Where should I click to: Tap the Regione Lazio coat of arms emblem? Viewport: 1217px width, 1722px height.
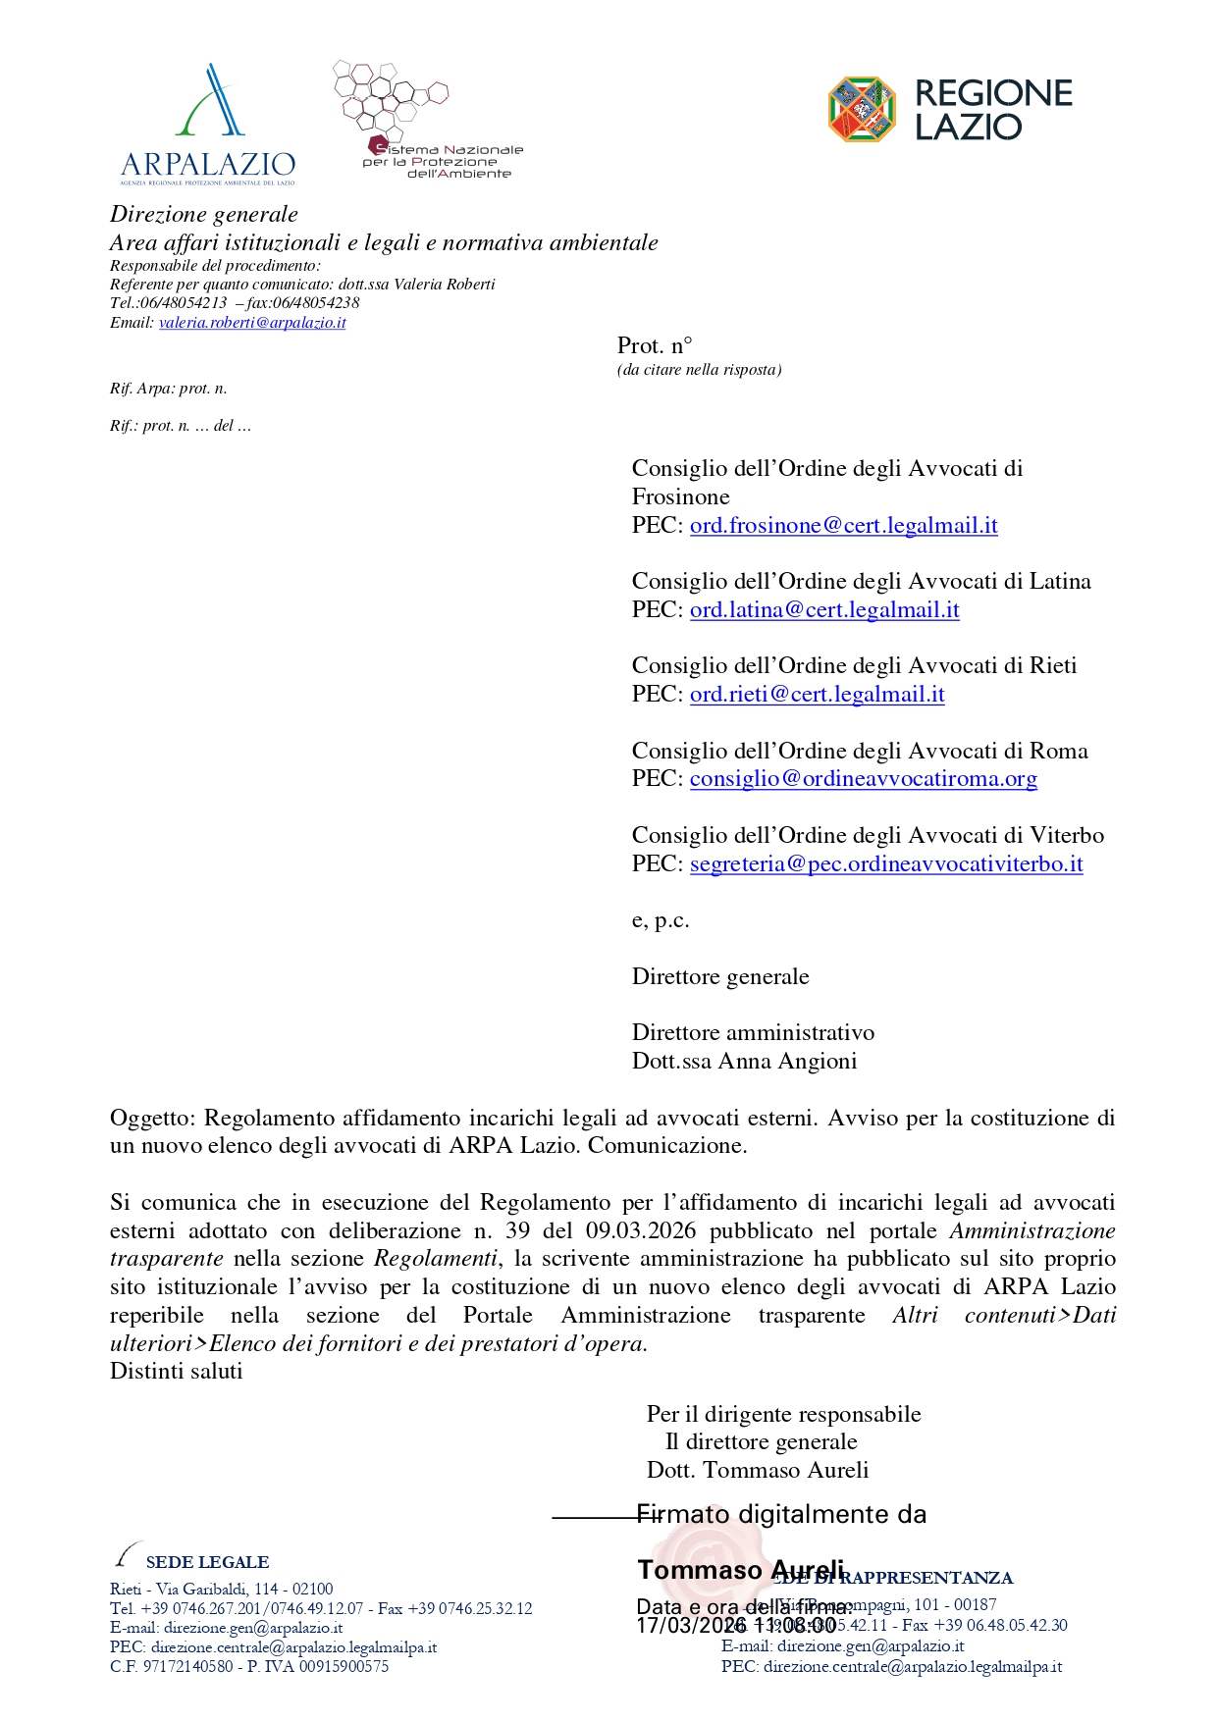(x=862, y=110)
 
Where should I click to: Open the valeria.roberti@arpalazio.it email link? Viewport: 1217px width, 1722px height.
(x=252, y=323)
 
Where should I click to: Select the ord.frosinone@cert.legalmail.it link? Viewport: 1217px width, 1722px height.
(x=843, y=526)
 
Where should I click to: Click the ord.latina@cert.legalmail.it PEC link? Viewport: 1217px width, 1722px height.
(x=824, y=610)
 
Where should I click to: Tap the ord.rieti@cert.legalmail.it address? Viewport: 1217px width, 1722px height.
(x=817, y=695)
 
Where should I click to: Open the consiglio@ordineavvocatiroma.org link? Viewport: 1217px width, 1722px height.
(x=863, y=779)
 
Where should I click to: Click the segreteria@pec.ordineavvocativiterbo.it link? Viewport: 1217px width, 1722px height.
(x=886, y=864)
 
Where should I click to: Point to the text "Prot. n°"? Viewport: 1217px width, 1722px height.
(x=655, y=345)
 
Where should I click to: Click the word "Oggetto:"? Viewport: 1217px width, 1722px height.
(x=154, y=1119)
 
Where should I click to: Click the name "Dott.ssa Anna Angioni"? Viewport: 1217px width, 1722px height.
(x=744, y=1062)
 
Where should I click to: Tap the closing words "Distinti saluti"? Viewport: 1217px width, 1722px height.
(x=177, y=1372)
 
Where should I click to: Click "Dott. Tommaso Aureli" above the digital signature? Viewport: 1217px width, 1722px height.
(x=758, y=1471)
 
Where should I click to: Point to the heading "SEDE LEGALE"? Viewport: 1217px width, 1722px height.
(x=207, y=1562)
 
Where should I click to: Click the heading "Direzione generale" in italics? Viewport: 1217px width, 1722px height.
(x=204, y=215)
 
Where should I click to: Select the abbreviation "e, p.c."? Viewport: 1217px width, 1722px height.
(x=661, y=921)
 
